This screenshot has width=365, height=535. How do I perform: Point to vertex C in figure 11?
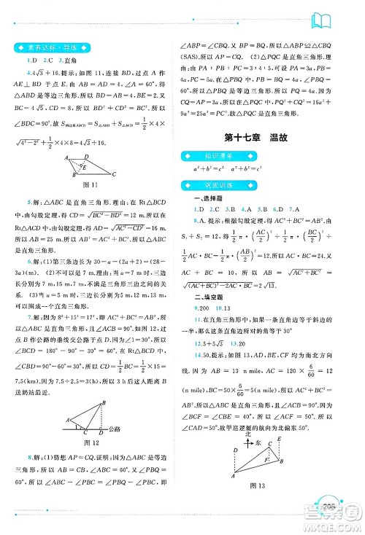click(115, 194)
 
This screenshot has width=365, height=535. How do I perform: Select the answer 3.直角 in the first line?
click(64, 60)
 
